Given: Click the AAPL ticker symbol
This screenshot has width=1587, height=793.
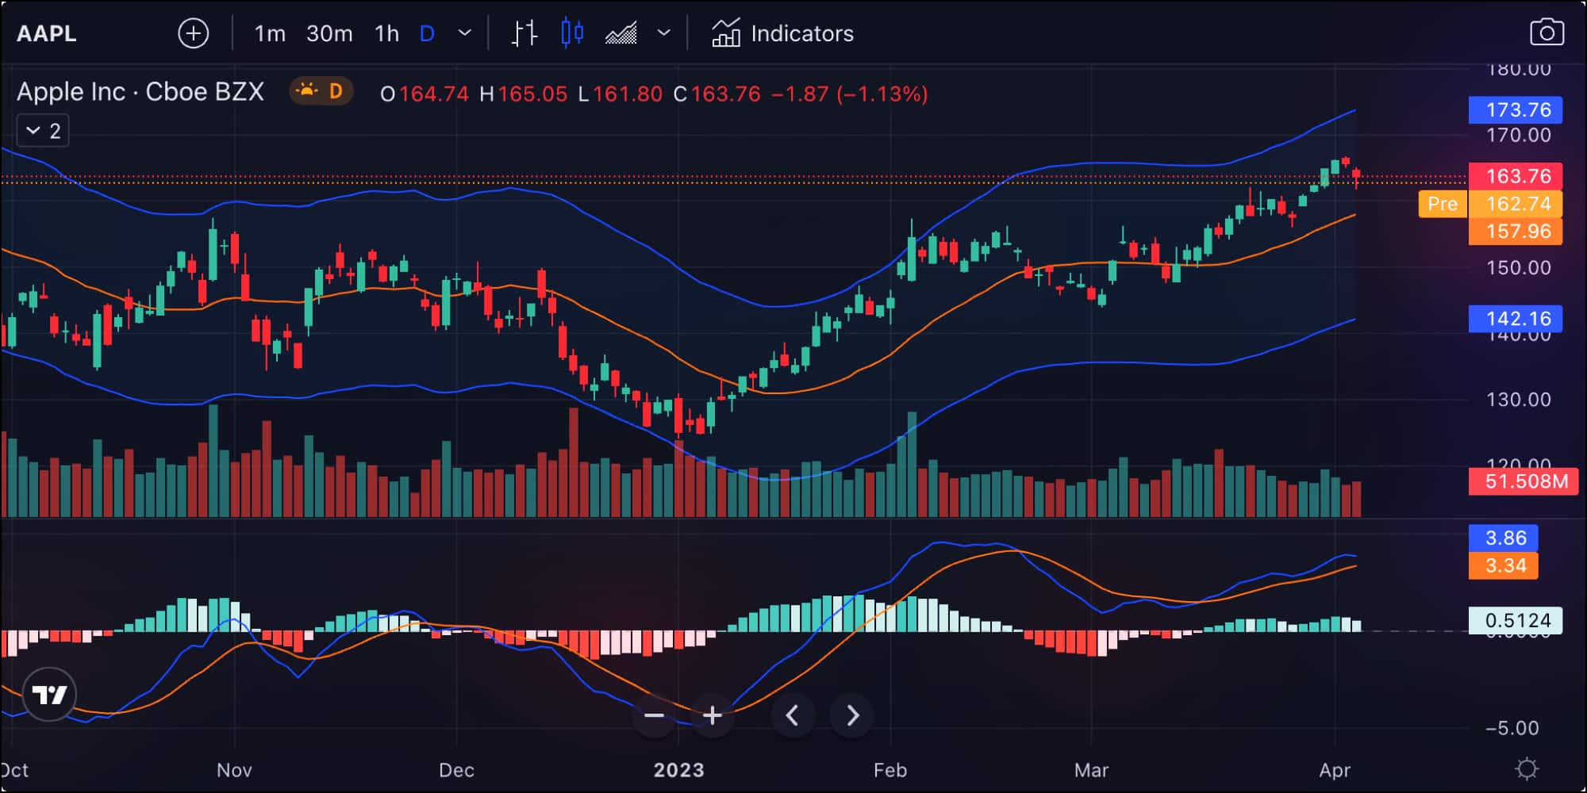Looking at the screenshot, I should click(x=47, y=33).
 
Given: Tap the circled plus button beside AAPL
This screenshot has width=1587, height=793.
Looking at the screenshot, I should click(x=193, y=33).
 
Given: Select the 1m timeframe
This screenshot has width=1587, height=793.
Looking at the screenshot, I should click(x=270, y=33).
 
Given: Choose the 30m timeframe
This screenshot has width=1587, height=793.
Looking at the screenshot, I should click(x=329, y=33).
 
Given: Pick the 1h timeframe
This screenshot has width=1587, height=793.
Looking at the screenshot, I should click(x=386, y=33).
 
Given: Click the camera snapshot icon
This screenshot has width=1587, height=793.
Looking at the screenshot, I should click(x=1546, y=33).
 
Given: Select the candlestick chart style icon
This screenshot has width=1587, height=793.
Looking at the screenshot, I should click(x=572, y=33).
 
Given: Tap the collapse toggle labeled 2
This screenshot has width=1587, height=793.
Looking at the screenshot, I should click(x=44, y=131).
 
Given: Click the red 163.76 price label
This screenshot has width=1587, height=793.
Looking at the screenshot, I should click(x=1516, y=176).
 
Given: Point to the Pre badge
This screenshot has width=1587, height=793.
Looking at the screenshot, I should click(x=1442, y=204).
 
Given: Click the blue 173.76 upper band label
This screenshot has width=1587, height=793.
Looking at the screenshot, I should click(x=1516, y=109).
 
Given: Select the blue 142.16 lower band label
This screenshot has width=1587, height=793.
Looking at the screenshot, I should click(x=1516, y=319).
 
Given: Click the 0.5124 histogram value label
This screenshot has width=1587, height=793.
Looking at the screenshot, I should click(x=1516, y=620).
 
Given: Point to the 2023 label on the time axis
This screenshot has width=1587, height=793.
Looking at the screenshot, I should click(x=678, y=770).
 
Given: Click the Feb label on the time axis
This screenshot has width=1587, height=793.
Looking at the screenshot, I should click(x=890, y=770).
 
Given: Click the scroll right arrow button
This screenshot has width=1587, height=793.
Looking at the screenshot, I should click(x=851, y=715).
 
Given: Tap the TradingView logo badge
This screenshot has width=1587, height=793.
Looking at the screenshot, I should click(x=49, y=695).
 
